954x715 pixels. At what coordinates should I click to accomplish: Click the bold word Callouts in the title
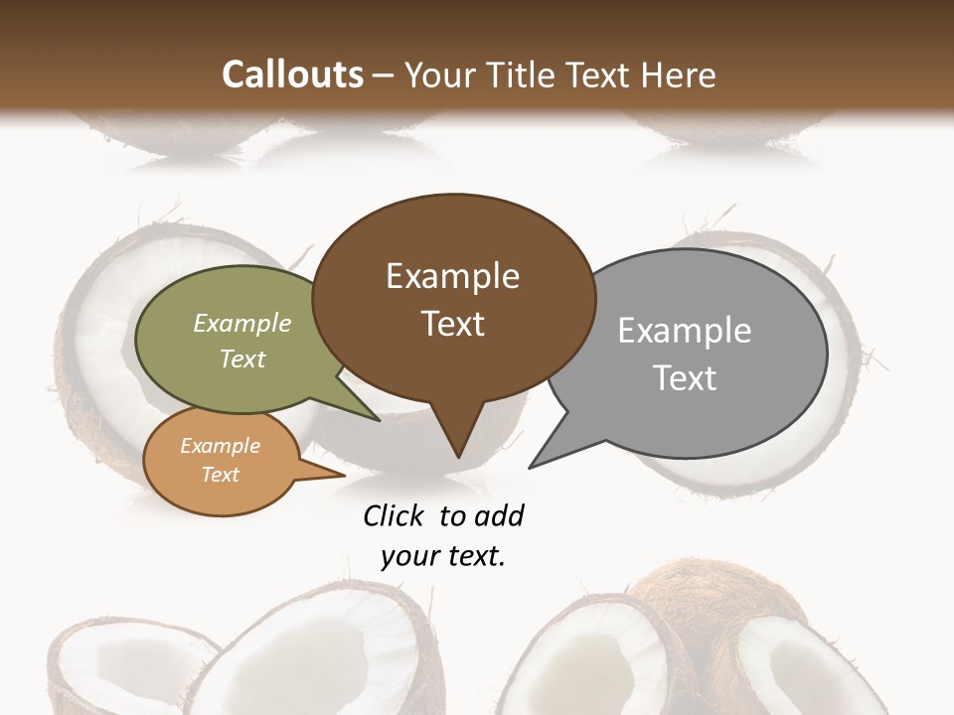point(293,74)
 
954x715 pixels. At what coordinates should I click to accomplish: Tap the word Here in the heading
point(679,74)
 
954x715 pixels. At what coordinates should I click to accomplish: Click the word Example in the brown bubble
point(452,276)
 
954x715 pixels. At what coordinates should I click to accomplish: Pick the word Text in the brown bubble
point(452,324)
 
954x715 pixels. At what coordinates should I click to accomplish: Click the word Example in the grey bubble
point(685,331)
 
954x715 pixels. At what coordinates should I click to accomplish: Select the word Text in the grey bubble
point(685,378)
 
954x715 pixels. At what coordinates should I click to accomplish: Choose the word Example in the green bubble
point(242,323)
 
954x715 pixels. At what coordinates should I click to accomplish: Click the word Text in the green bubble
point(242,358)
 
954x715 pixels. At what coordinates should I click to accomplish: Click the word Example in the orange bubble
point(220,446)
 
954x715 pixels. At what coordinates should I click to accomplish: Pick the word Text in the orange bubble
point(220,475)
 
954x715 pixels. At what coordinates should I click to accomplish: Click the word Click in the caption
point(393,515)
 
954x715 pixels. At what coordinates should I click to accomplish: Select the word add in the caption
point(499,515)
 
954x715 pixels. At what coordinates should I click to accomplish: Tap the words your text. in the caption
point(443,556)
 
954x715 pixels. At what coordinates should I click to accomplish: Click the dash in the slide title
point(385,75)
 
